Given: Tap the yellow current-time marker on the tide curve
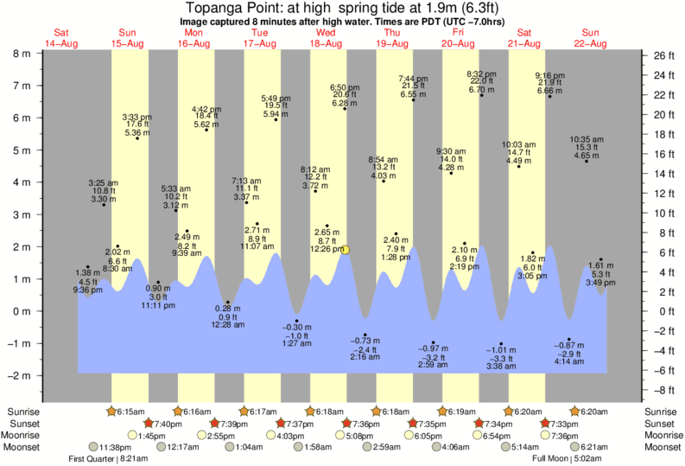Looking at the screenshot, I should point(346,250).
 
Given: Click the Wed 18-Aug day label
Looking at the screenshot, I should point(327,37).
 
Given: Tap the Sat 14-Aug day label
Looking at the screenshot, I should point(61,37).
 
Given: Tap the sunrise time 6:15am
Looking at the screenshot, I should point(130,412).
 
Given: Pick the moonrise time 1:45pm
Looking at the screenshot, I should point(152,436).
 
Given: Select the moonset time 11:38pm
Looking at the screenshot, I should point(114,447).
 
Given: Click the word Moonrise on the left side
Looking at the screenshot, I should point(29,436).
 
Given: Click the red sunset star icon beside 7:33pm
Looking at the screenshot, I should point(546,424).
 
